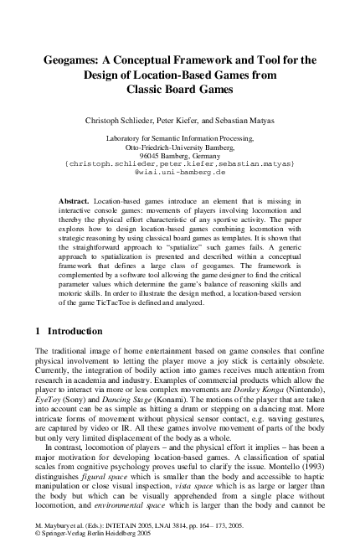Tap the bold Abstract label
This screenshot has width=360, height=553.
click(x=75, y=203)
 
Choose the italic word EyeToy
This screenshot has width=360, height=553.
click(x=49, y=401)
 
